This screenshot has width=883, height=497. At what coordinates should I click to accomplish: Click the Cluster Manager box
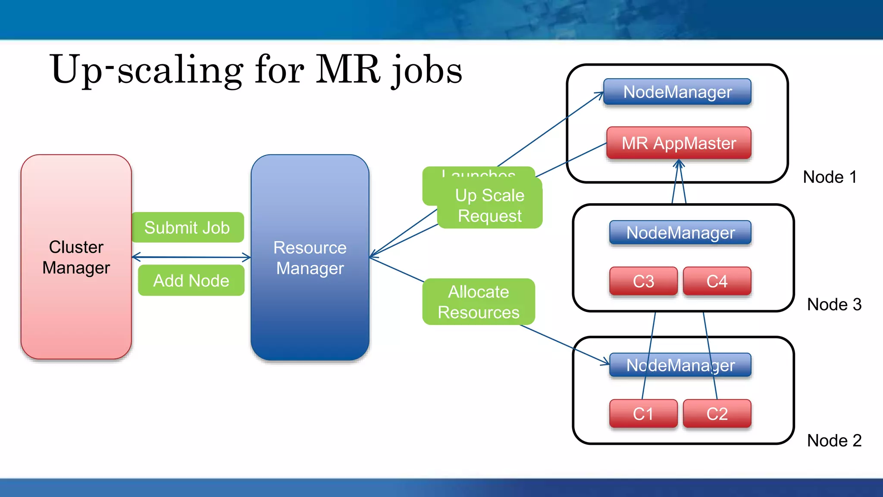point(76,257)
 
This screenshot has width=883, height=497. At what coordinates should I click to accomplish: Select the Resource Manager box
point(310,258)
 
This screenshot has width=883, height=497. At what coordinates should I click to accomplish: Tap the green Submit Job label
point(188,227)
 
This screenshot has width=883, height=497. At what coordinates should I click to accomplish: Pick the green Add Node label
point(191,280)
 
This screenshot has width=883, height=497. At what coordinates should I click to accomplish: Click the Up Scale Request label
point(490,205)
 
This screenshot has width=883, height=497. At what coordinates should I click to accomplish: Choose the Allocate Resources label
point(479,302)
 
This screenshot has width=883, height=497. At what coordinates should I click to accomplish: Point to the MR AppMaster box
point(679,143)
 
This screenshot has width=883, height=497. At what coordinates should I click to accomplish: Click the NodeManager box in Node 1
point(677,92)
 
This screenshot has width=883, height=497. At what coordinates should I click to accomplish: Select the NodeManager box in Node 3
point(680,233)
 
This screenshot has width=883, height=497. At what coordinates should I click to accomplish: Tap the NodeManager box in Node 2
point(680,365)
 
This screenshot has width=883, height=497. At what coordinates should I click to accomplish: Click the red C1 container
point(643,414)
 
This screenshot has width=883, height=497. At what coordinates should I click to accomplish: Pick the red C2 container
point(717,414)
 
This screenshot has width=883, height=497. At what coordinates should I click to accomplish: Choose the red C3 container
point(643,281)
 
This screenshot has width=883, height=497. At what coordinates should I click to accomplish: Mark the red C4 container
point(717,281)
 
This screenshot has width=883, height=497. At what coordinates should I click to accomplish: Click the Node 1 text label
point(830,177)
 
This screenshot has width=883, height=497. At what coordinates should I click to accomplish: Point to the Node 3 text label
point(834,305)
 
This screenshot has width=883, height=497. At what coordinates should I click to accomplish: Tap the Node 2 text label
point(834,440)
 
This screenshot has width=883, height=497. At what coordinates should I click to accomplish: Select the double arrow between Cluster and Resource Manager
point(191,258)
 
